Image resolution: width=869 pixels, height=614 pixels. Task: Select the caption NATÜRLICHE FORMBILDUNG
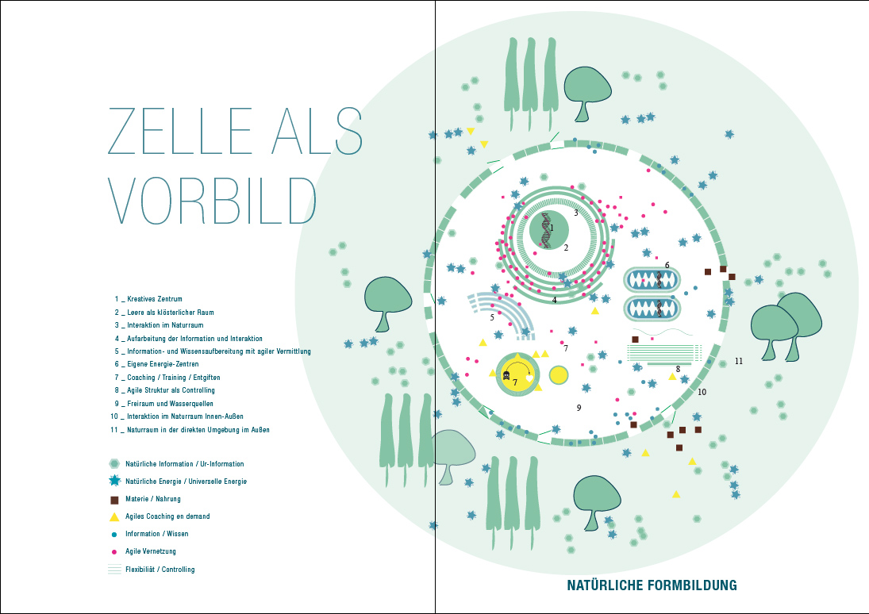(652, 586)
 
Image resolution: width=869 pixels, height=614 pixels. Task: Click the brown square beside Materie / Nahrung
(114, 500)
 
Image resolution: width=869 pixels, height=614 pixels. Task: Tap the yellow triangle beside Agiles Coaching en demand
(114, 516)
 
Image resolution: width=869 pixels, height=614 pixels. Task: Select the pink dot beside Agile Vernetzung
(114, 551)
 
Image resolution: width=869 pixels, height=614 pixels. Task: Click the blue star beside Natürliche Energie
(114, 481)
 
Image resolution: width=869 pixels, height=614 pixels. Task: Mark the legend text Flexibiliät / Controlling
(160, 570)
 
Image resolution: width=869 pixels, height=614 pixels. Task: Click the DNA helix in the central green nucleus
(546, 229)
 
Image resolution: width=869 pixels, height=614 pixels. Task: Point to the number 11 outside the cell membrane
(738, 361)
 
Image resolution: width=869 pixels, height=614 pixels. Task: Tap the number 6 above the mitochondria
(667, 265)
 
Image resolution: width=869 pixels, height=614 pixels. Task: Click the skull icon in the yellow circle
(507, 375)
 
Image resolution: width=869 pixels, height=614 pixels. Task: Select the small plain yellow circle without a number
(559, 375)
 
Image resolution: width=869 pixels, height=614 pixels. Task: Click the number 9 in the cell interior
(579, 408)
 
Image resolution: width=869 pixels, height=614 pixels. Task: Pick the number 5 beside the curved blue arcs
(492, 317)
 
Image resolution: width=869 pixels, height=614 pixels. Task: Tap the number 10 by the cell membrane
(702, 392)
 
